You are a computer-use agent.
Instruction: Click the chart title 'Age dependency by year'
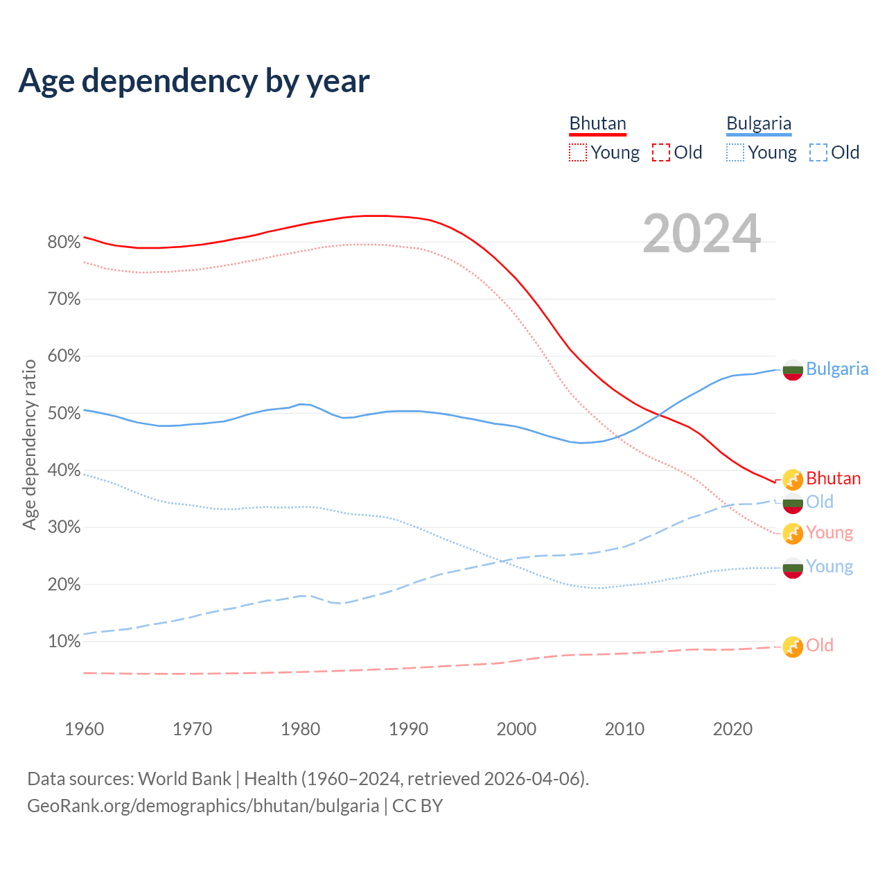click(x=194, y=80)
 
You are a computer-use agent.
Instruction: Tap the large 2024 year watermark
click(x=701, y=234)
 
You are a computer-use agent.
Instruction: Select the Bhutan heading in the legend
click(x=597, y=124)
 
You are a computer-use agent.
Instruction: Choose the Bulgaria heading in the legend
click(x=759, y=124)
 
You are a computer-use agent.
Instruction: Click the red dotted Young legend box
click(x=578, y=152)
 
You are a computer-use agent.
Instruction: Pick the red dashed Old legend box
click(x=661, y=152)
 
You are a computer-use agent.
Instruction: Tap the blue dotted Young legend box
click(x=735, y=152)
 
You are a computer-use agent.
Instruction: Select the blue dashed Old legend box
click(x=818, y=152)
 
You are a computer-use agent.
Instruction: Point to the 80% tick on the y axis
click(x=64, y=242)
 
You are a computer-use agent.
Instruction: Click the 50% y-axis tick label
click(x=64, y=413)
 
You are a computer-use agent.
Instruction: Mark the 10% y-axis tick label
click(x=64, y=641)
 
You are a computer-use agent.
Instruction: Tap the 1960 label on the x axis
click(x=84, y=729)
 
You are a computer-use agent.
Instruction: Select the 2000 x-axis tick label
click(x=516, y=729)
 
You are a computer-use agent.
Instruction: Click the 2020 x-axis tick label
click(x=732, y=729)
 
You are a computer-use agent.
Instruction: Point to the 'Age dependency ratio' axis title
click(x=29, y=444)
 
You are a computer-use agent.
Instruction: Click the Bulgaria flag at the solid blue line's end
click(x=793, y=370)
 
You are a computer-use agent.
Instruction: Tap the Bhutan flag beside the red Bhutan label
click(x=793, y=479)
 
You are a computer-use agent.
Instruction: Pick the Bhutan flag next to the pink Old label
click(x=793, y=647)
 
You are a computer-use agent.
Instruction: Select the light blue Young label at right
click(x=829, y=567)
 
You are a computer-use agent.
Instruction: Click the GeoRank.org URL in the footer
click(x=203, y=806)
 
